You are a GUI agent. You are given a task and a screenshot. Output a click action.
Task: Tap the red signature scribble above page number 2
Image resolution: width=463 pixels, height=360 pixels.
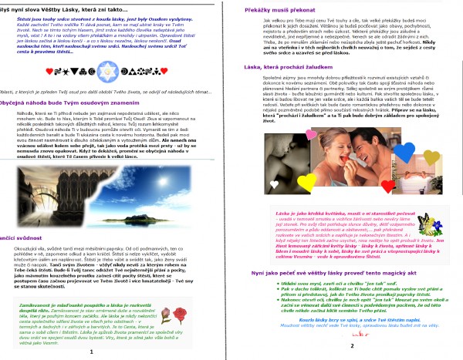pyautogui.click(x=351, y=337)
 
